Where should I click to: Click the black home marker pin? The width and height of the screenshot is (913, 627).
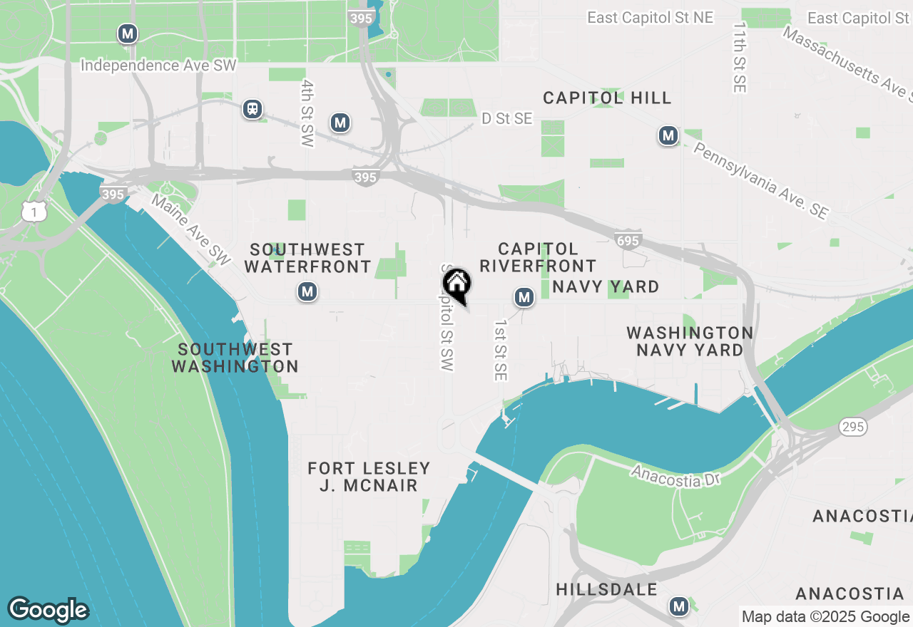[x=458, y=284]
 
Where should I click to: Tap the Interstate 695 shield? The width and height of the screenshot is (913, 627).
[x=628, y=240]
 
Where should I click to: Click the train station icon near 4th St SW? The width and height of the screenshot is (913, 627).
[x=252, y=109]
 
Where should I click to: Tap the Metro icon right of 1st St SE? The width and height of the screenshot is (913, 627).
[x=524, y=297]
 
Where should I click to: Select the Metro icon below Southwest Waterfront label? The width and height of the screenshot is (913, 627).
[x=307, y=291]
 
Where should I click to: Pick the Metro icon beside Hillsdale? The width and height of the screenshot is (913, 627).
[x=678, y=606]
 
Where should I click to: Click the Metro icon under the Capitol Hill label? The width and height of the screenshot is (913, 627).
[x=668, y=135]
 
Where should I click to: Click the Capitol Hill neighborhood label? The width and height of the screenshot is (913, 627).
[x=607, y=98]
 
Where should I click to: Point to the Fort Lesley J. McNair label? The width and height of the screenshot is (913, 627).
[x=369, y=477]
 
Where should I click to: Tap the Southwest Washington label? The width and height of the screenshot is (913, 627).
[x=235, y=358]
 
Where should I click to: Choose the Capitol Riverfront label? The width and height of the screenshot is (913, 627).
[x=538, y=257]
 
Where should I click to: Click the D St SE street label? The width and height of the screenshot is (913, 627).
[x=507, y=119]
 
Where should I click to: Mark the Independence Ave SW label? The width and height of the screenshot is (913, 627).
[x=158, y=66]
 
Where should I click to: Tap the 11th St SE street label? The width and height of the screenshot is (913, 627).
[x=739, y=57]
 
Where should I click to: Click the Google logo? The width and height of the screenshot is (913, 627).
[x=48, y=610]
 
